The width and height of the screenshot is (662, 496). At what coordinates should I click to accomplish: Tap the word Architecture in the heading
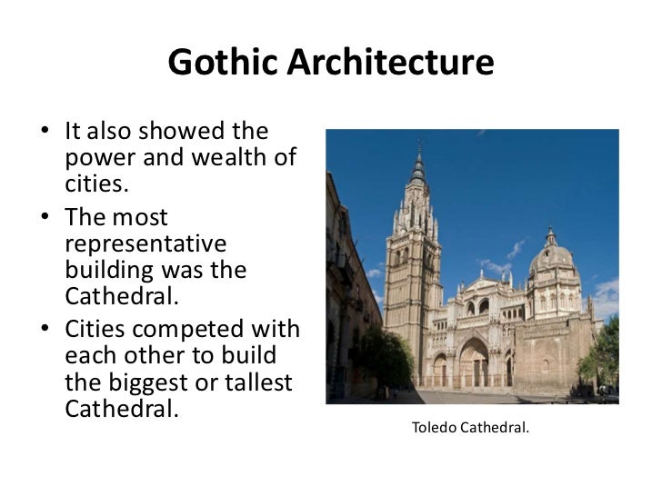(x=391, y=63)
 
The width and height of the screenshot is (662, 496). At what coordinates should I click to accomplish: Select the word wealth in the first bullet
(x=235, y=158)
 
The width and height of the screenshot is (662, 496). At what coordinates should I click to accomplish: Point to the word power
(x=98, y=158)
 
